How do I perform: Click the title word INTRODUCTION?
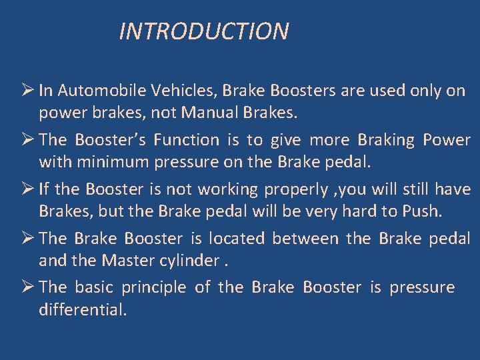(x=203, y=31)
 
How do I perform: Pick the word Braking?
(x=386, y=140)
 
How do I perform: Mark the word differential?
(x=82, y=311)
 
